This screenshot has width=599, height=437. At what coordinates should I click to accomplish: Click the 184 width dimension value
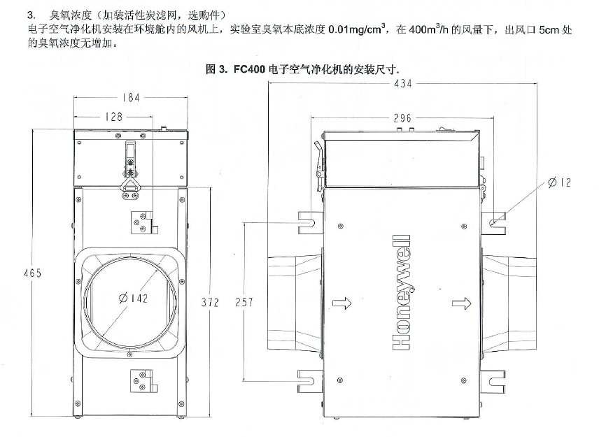click(130, 98)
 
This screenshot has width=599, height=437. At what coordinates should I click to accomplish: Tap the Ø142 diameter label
click(133, 299)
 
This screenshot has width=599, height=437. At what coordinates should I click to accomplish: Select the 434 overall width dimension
click(402, 83)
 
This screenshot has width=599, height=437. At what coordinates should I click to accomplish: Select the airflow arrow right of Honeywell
click(461, 302)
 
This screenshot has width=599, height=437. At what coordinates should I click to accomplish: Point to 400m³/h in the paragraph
click(429, 31)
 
